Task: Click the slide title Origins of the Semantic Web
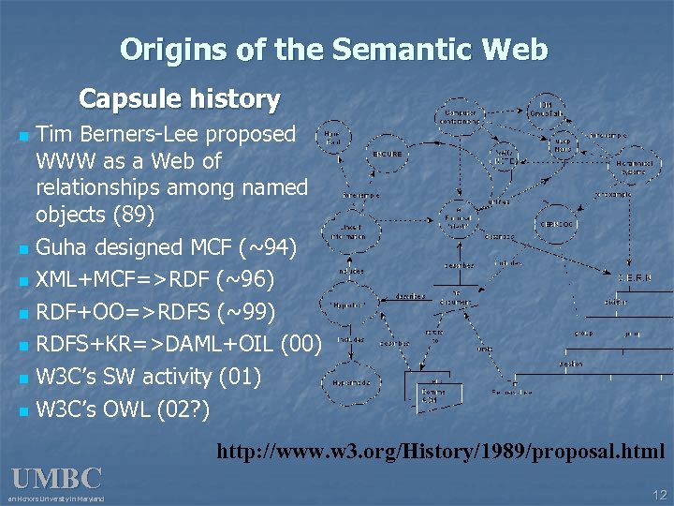coord(334,49)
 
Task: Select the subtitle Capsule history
coord(179,98)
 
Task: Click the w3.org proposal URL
coord(441,453)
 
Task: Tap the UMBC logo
coord(56,479)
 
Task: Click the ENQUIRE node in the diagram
coord(387,153)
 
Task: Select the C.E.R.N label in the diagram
coord(629,278)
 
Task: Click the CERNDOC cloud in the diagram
coord(558,224)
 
